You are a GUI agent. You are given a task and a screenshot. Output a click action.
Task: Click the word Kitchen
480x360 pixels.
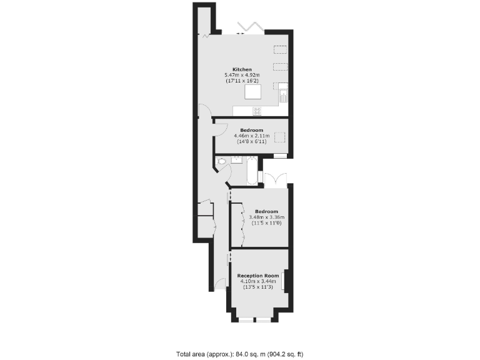(242, 69)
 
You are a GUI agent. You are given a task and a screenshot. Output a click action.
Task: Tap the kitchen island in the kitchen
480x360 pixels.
(253, 92)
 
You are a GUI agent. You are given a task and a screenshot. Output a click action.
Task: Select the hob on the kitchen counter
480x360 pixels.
(256, 111)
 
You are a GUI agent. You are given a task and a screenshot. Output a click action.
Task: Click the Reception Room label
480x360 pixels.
(257, 276)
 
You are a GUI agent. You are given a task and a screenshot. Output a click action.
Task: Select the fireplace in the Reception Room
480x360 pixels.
(285, 281)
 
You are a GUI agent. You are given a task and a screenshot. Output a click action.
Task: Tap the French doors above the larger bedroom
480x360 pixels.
(275, 179)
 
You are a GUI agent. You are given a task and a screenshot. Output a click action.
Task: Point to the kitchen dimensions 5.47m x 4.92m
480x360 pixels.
(242, 75)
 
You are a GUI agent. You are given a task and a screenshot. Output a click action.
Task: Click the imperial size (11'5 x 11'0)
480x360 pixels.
(266, 223)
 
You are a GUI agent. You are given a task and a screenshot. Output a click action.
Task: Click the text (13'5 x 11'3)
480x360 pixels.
(257, 287)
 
